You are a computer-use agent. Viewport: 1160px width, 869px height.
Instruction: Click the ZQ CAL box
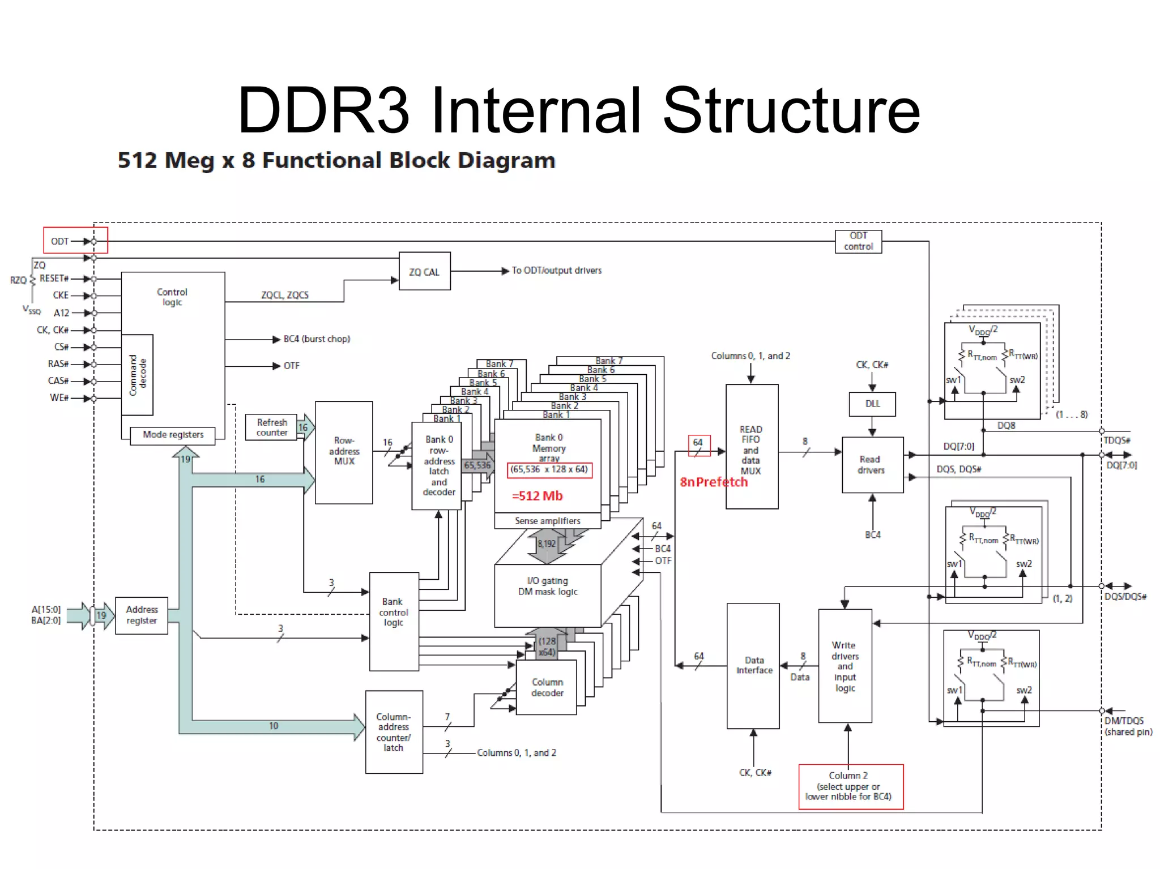point(424,271)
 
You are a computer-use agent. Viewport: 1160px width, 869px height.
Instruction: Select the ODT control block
point(858,241)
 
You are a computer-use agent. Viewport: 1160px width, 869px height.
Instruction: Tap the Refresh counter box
point(271,427)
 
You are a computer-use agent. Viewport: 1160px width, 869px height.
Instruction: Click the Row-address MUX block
point(344,452)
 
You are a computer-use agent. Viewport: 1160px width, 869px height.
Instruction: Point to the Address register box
point(142,615)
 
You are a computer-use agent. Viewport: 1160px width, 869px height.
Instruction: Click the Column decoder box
point(547,687)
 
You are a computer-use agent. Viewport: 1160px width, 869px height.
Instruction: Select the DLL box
point(872,404)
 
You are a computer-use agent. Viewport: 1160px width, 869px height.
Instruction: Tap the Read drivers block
point(871,465)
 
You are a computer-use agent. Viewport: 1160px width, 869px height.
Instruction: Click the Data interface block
point(753,665)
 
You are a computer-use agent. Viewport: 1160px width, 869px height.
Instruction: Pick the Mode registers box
point(173,435)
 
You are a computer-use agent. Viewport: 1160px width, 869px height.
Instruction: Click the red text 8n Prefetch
point(714,482)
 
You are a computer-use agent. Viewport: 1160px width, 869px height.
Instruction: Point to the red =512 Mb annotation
point(537,496)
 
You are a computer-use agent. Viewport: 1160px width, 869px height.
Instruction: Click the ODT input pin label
point(59,241)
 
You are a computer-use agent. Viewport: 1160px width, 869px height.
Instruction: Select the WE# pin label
point(59,398)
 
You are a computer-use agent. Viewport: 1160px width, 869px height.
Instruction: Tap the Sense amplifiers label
point(547,521)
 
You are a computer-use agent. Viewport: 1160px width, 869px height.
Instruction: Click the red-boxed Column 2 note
point(850,786)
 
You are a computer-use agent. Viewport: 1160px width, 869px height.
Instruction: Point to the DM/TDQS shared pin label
point(1127,726)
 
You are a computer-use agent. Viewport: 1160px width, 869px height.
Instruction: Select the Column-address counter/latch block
point(394,732)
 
